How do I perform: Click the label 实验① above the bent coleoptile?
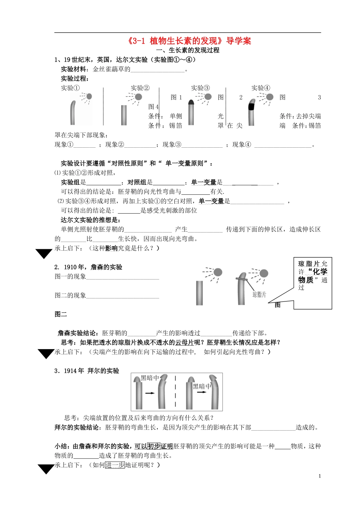point(70,88)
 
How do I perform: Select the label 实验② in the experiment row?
point(140,88)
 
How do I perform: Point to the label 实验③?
point(200,88)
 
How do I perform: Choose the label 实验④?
point(261,88)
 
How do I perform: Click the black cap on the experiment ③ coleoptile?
point(191,101)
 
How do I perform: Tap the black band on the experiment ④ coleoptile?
point(251,106)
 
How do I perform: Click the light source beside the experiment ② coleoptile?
point(139,97)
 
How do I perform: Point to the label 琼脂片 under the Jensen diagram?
point(260,294)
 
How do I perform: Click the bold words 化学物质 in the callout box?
point(313,276)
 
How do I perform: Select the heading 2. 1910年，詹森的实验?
point(88,267)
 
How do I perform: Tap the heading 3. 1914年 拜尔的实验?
point(87,371)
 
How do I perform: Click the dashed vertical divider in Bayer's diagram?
point(175,392)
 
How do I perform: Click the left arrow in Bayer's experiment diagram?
point(150,393)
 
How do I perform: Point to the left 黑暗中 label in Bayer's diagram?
point(149,378)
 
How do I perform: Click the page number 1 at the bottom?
point(320,476)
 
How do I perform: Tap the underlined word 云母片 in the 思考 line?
point(184,342)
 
